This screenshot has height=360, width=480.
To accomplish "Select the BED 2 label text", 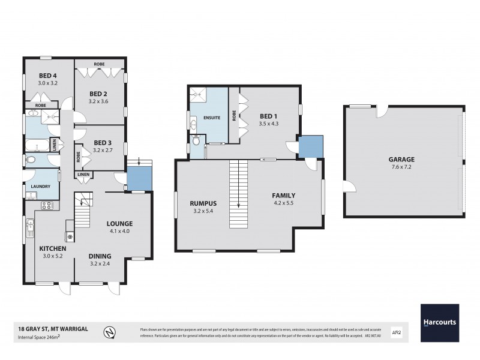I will [x=98, y=94].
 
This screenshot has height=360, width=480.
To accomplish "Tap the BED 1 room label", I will [x=269, y=116].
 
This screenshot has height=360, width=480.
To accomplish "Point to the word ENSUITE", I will [x=212, y=118].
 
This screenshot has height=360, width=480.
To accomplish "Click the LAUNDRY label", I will [x=41, y=187].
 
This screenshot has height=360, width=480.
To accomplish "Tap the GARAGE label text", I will [x=402, y=160].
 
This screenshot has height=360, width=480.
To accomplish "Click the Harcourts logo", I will [x=439, y=323].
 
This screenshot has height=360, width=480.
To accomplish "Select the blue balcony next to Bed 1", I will [x=311, y=147].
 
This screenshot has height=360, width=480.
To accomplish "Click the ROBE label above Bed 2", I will [x=100, y=64].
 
